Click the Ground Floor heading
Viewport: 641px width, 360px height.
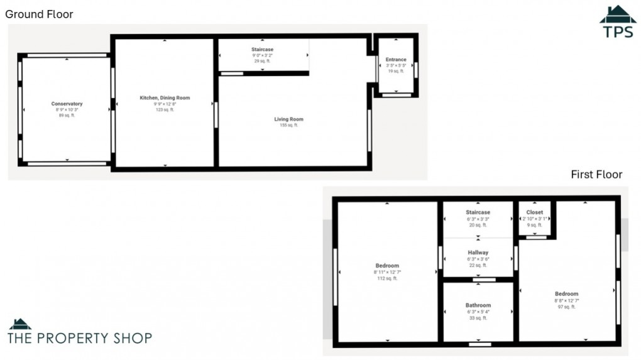[x=40, y=14]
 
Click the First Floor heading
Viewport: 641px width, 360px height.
[x=596, y=175]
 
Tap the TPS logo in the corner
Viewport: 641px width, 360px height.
[x=618, y=23]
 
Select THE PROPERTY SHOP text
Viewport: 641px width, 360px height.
[x=80, y=338]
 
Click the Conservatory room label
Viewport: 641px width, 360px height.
[x=67, y=104]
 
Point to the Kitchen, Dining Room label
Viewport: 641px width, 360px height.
[x=165, y=98]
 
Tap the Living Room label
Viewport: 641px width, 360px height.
[x=288, y=119]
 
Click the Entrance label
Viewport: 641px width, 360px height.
[x=396, y=60]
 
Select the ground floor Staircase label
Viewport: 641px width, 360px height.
[x=262, y=49]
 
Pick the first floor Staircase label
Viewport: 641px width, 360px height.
[x=478, y=212]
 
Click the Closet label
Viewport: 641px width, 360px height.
[x=535, y=212]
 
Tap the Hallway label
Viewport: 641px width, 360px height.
[x=478, y=253]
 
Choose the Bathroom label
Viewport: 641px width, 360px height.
[x=478, y=305]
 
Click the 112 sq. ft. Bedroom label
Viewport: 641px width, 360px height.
[x=387, y=266]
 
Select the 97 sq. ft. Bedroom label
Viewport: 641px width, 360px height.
[x=566, y=294]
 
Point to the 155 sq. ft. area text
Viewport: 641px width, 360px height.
[x=288, y=125]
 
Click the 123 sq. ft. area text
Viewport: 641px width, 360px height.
[x=165, y=110]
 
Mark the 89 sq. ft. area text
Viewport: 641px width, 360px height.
[x=67, y=116]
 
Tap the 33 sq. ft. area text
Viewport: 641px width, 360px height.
[x=478, y=318]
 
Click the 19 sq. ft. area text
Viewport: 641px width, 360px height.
[x=396, y=72]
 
